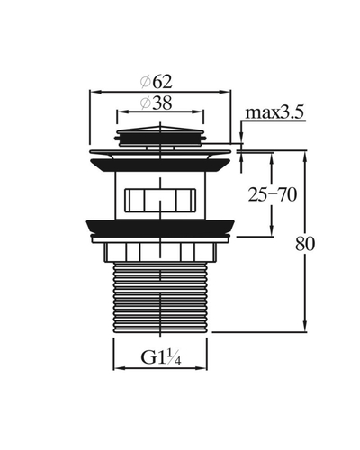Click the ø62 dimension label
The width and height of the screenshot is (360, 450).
[x=157, y=82]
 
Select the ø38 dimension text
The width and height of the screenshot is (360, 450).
[x=157, y=103]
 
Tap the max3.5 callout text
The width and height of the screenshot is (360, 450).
[x=274, y=112]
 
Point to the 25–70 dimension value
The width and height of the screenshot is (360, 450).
[x=273, y=195]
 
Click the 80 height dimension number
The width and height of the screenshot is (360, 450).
[x=305, y=244]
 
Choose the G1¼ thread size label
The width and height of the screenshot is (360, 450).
[x=161, y=357]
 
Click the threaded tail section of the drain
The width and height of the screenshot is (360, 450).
[x=160, y=297]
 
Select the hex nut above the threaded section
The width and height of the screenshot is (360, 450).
[x=160, y=252]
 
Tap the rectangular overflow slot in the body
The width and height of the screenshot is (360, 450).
[x=160, y=200]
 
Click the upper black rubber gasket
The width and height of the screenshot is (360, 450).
[x=160, y=166]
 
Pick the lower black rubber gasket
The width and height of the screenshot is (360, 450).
[x=160, y=227]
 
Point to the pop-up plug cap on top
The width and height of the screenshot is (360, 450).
[x=160, y=136]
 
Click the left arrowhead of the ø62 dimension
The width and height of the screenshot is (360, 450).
[x=94, y=92]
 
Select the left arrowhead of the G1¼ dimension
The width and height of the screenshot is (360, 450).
[x=118, y=368]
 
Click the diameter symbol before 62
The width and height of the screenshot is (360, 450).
[x=146, y=82]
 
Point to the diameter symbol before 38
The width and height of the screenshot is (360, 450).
[x=145, y=103]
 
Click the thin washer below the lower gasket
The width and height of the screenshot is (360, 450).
[x=160, y=239]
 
